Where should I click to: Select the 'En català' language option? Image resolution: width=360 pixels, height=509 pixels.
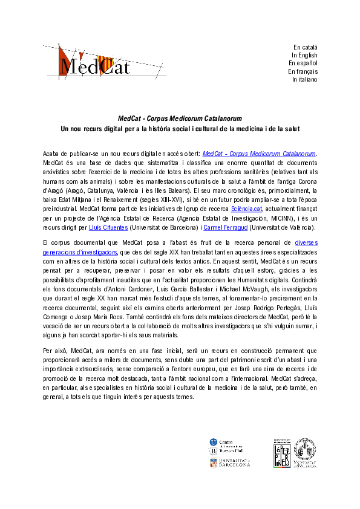[x=305, y=47]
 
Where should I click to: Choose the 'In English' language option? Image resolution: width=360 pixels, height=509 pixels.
[x=304, y=55]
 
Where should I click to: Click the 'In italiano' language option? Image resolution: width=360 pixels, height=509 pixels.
[x=304, y=79]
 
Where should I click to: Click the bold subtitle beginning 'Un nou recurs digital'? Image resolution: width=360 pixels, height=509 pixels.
[x=180, y=129]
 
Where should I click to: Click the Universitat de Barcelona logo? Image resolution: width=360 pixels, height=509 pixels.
[x=229, y=464]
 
